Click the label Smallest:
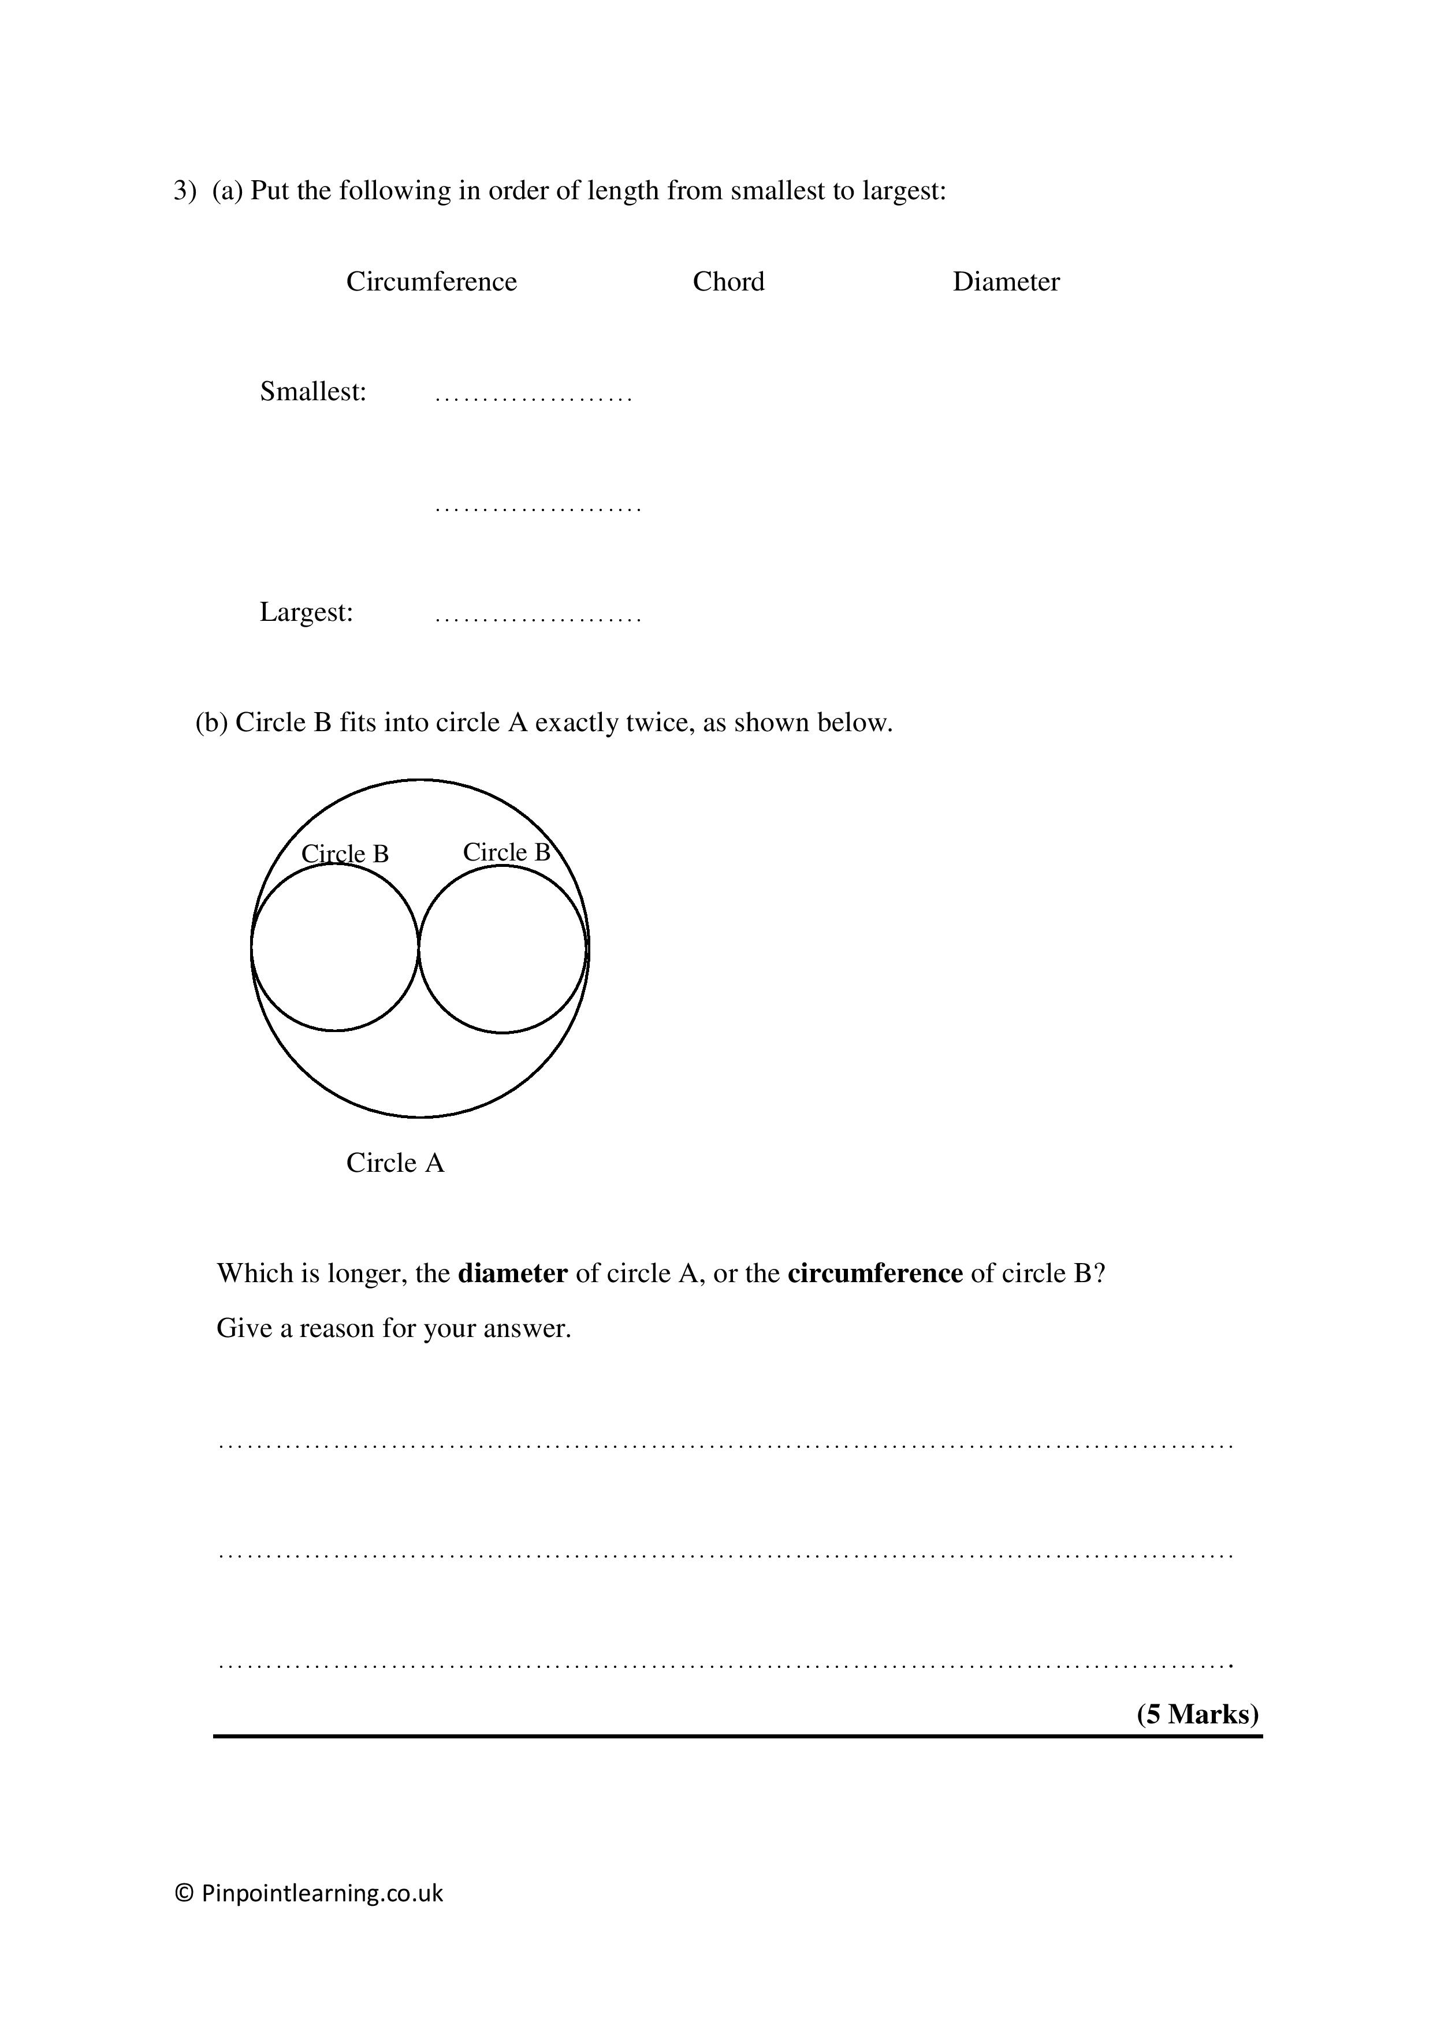pos(313,391)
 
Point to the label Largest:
pos(306,612)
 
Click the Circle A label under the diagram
pos(394,1163)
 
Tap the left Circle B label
pos(345,853)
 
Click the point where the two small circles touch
pos(418,948)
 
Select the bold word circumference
pos(874,1273)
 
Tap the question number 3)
pos(184,191)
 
